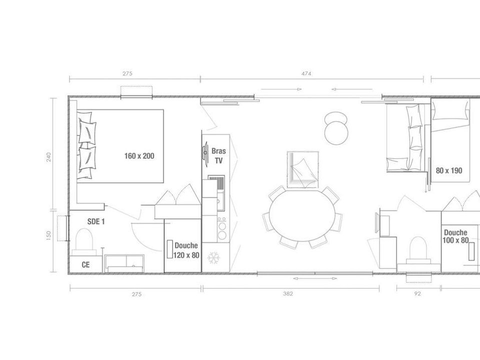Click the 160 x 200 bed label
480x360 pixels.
pyautogui.click(x=139, y=156)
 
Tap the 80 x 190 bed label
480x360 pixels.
pyautogui.click(x=449, y=170)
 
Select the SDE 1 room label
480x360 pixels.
pyautogui.click(x=96, y=221)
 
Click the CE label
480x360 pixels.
pyautogui.click(x=85, y=264)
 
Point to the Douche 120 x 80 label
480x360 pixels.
pyautogui.click(x=186, y=250)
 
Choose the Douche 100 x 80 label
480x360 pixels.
pyautogui.click(x=455, y=236)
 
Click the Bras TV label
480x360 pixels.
pyautogui.click(x=218, y=156)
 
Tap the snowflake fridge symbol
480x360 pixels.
pyautogui.click(x=213, y=258)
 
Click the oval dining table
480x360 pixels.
pyautogui.click(x=302, y=215)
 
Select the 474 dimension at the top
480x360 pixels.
pyautogui.click(x=306, y=73)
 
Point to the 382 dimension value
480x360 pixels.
pyautogui.click(x=288, y=294)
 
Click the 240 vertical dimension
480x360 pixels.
pyautogui.click(x=48, y=157)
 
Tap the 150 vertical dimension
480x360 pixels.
pyautogui.click(x=48, y=235)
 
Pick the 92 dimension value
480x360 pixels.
pyautogui.click(x=417, y=294)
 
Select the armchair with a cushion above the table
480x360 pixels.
pyautogui.click(x=302, y=169)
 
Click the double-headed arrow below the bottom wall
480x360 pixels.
pyautogui.click(x=314, y=278)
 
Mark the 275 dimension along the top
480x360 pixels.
pyautogui.click(x=127, y=73)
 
